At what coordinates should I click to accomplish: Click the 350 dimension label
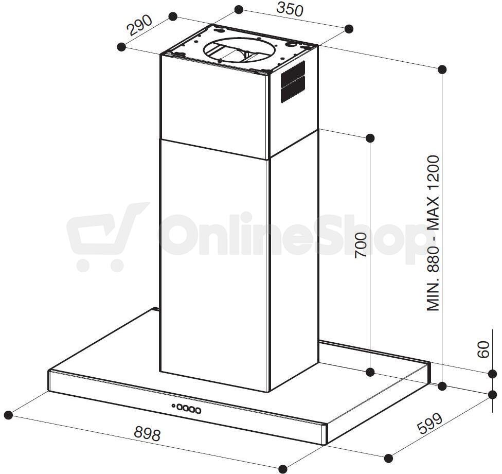[289, 10]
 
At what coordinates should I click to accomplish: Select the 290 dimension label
[140, 26]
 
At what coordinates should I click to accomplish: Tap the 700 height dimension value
[361, 245]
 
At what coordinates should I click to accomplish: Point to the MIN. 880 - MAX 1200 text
[433, 233]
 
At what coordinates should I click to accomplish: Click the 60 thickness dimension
[483, 349]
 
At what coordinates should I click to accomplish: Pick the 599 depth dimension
[430, 424]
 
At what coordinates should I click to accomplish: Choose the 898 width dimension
[147, 434]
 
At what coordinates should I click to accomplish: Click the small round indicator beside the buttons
[173, 406]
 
